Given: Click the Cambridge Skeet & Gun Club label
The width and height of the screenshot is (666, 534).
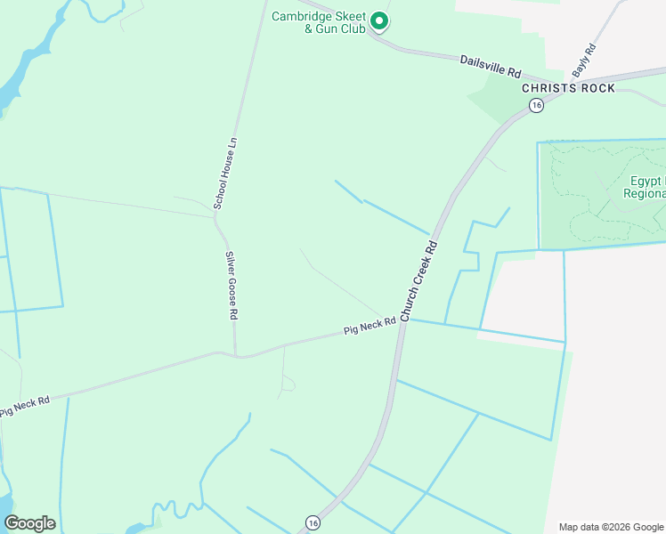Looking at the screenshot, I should pyautogui.click(x=320, y=22).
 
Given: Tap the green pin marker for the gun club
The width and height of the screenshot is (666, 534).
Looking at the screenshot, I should pyautogui.click(x=379, y=20).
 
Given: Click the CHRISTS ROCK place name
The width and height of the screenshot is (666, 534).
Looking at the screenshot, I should pyautogui.click(x=568, y=88).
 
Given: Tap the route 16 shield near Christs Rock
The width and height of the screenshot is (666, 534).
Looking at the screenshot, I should pyautogui.click(x=535, y=105).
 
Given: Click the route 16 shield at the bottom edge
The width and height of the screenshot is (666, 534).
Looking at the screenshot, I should pyautogui.click(x=312, y=522).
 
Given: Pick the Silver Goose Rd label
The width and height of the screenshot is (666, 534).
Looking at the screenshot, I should pyautogui.click(x=231, y=286).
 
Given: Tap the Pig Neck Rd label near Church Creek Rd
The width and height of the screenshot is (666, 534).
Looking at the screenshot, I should pyautogui.click(x=370, y=328).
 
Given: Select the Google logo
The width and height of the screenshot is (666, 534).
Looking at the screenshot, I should pyautogui.click(x=29, y=523).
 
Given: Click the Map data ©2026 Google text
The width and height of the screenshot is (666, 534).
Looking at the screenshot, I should pyautogui.click(x=611, y=526).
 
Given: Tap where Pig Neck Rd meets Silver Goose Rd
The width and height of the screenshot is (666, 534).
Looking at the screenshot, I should pyautogui.click(x=236, y=355).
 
